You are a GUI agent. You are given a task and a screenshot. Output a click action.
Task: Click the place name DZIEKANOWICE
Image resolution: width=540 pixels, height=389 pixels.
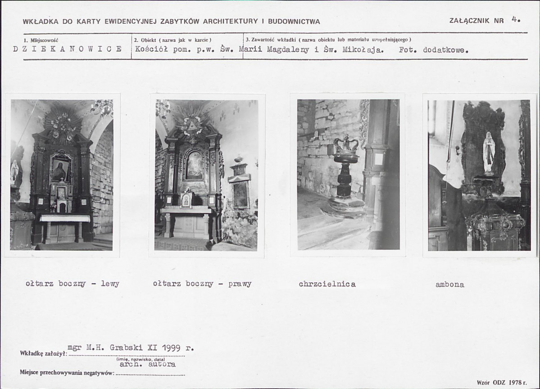68,49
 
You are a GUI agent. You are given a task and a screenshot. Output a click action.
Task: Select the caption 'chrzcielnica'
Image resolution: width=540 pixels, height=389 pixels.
327,284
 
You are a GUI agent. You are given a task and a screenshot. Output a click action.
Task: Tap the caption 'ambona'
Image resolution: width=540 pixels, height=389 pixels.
450,285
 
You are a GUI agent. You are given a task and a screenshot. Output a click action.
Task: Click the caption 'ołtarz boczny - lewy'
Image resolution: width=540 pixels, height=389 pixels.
73,284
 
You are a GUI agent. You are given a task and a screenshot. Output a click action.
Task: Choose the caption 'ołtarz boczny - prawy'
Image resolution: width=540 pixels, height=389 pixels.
202,284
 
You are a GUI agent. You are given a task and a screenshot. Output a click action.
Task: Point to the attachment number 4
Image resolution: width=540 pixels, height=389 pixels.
515,19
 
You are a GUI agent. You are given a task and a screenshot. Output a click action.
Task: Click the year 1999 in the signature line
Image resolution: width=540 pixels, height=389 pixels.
171,348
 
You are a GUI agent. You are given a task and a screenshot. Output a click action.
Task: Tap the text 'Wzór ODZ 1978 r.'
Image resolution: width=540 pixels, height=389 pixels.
502,382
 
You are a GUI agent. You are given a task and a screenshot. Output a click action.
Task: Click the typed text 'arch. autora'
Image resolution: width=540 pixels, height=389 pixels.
147,364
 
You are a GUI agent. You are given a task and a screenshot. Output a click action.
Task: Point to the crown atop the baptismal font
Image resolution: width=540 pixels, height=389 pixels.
346,144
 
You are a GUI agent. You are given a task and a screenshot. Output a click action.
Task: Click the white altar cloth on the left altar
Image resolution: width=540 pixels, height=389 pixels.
65,218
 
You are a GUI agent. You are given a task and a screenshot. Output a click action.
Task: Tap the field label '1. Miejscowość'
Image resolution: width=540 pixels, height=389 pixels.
41,40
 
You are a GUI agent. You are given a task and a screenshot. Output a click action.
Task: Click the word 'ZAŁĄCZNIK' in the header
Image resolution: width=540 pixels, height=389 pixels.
469,20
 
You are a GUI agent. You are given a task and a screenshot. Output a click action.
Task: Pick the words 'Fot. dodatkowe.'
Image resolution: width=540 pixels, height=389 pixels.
434,50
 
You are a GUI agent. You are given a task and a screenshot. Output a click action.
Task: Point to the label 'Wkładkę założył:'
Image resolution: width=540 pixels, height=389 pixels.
43,353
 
